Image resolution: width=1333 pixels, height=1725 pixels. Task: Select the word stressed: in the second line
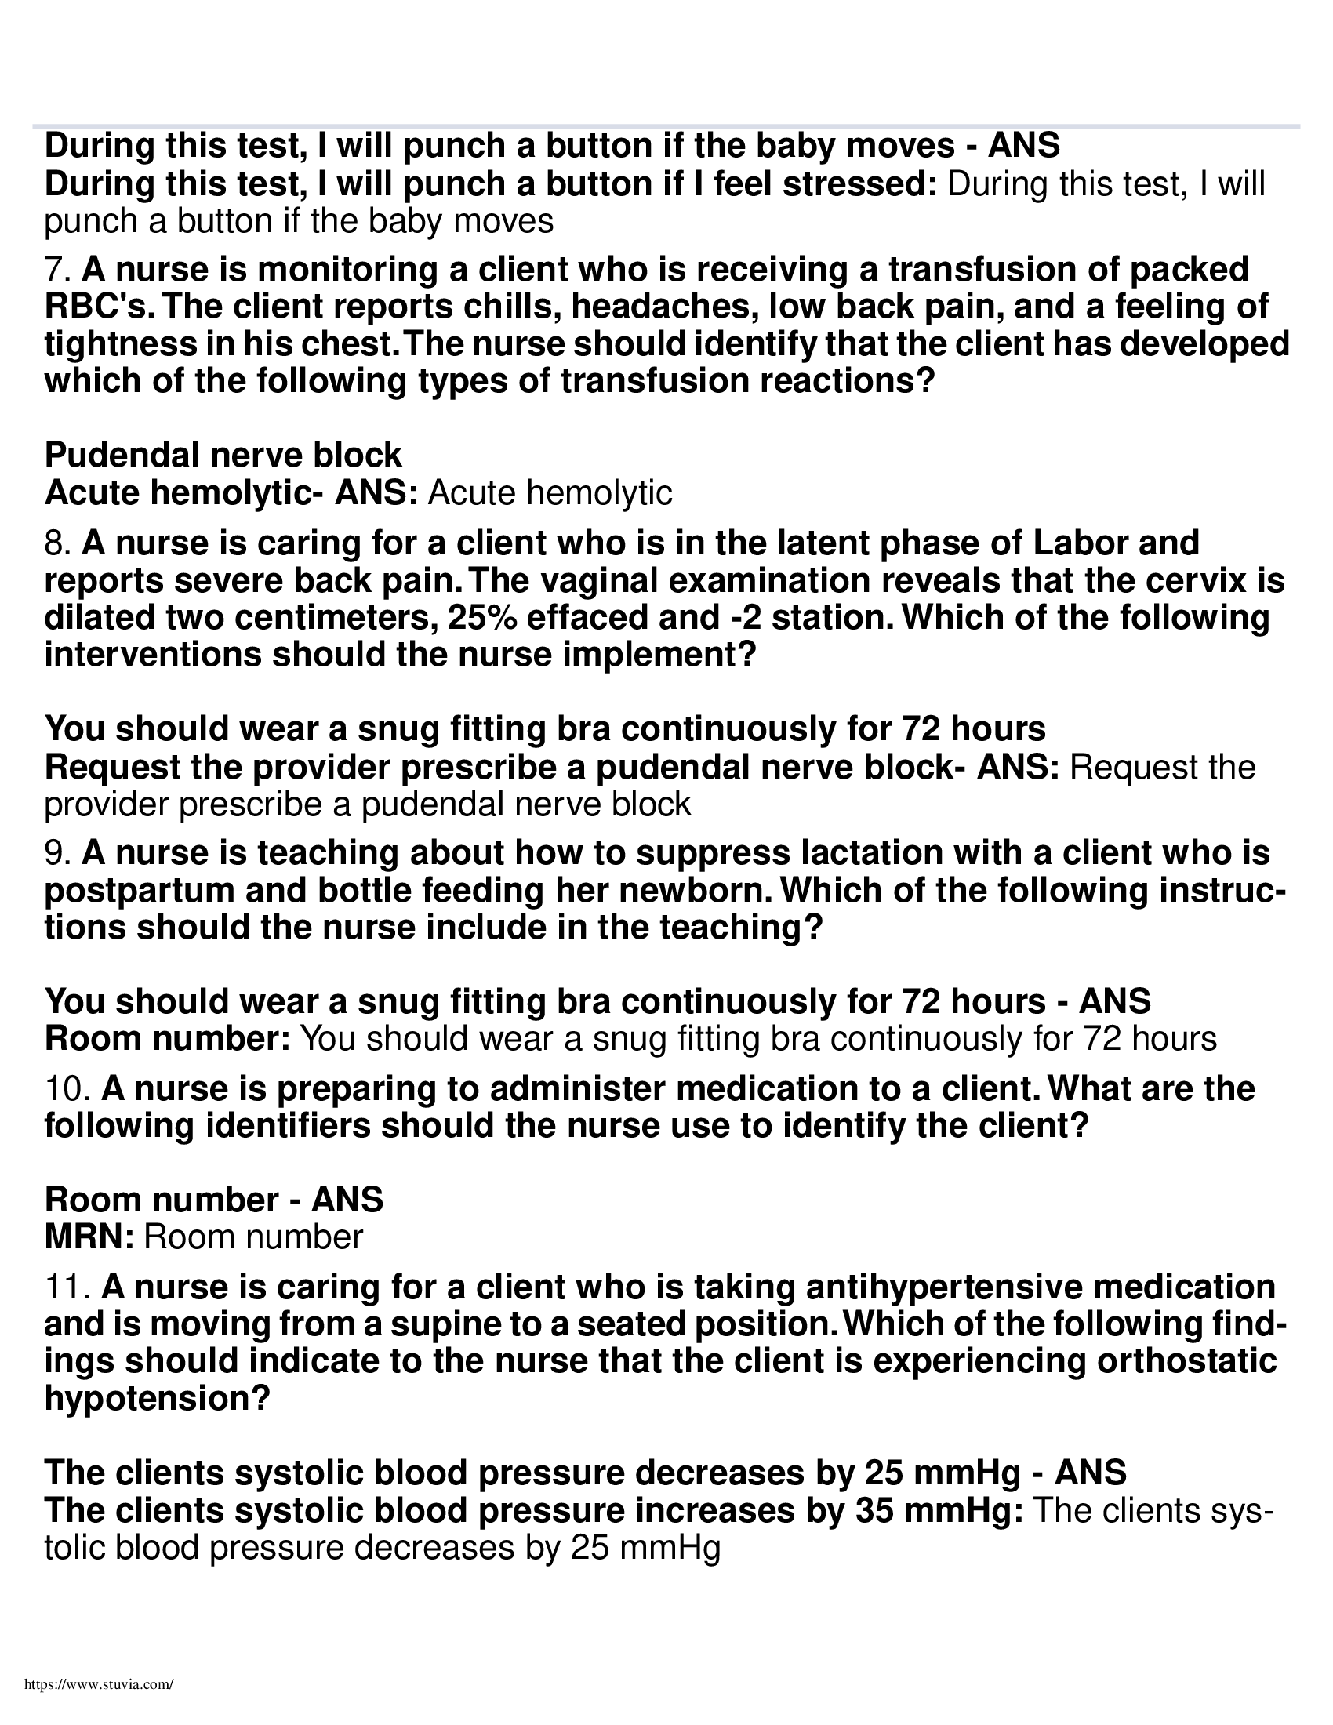859,185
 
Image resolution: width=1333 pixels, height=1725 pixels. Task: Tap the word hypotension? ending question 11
157,1399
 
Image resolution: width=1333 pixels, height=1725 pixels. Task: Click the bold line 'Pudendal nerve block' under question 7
223,456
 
